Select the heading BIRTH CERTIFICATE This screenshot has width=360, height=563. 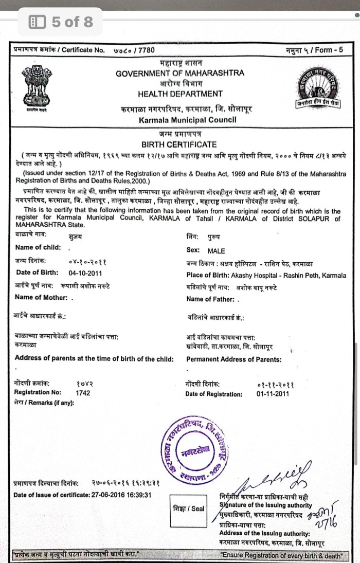178,144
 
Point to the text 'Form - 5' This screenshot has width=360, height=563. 329,50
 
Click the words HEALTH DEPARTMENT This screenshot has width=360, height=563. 180,94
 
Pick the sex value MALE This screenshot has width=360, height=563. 216,251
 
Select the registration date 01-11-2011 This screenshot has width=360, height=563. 272,394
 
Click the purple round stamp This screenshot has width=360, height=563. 197,449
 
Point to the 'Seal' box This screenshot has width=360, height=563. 189,509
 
